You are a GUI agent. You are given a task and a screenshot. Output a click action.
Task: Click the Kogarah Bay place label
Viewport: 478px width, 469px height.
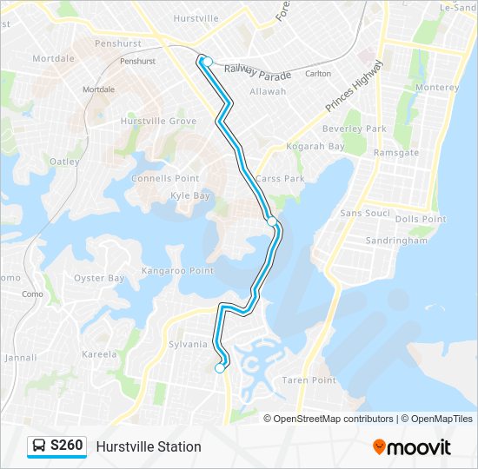coord(315,146)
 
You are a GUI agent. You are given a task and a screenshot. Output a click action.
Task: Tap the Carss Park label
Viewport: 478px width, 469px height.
coord(280,178)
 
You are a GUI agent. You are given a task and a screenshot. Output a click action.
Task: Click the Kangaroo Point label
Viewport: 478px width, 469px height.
coord(177,271)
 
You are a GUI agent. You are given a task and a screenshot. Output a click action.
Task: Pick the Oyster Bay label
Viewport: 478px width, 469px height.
coord(99,278)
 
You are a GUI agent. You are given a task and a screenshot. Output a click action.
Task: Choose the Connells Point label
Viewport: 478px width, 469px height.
coord(165,178)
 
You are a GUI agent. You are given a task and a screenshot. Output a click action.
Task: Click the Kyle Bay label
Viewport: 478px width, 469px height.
coord(190,195)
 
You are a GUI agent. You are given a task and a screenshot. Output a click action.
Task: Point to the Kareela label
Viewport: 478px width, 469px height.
coord(99,354)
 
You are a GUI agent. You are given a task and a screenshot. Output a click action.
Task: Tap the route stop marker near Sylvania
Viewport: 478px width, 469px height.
coord(219,368)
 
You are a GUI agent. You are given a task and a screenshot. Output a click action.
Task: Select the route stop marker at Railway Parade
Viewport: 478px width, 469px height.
coord(208,61)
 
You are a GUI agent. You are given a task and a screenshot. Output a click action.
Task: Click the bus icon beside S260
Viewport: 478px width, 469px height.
coord(39,446)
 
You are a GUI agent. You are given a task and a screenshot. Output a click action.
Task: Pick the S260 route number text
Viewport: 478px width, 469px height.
coord(67,446)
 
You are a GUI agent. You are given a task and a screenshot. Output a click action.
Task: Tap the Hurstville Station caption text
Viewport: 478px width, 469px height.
coord(149,446)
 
